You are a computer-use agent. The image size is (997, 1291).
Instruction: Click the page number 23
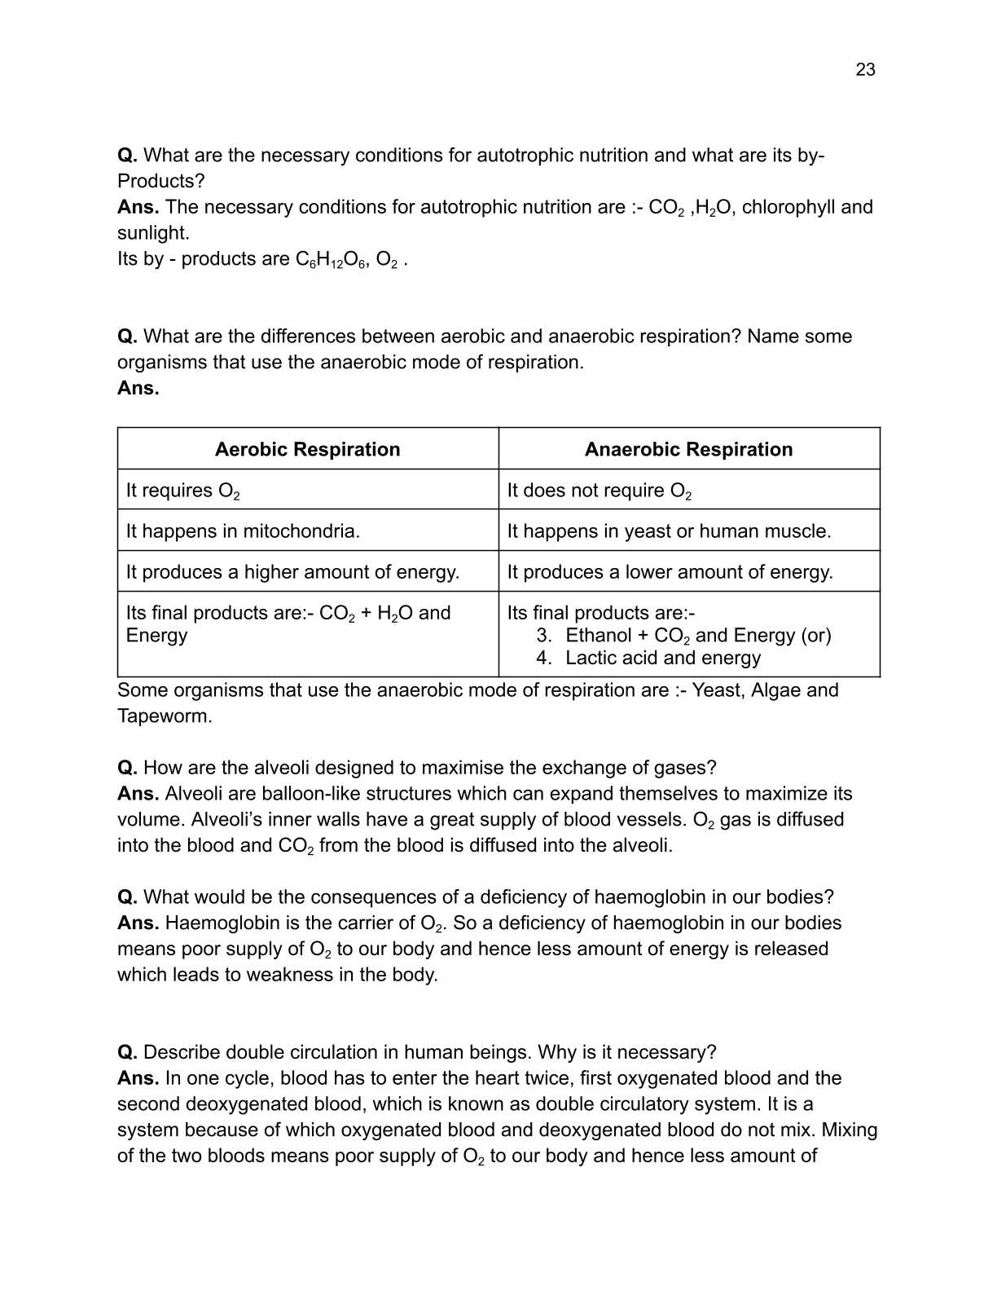click(865, 70)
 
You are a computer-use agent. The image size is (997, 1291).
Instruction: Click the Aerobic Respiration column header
click(307, 449)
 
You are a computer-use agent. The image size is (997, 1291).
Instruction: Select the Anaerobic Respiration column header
click(688, 449)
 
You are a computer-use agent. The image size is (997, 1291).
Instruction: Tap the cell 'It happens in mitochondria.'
click(243, 531)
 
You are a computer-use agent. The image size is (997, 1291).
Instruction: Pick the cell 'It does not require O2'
click(599, 491)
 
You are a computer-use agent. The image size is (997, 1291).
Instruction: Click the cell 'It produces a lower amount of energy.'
click(670, 572)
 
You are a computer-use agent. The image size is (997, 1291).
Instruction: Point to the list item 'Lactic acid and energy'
click(662, 658)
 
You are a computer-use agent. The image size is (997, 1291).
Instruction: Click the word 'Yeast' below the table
click(716, 690)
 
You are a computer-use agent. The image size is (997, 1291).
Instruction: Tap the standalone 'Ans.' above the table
click(138, 388)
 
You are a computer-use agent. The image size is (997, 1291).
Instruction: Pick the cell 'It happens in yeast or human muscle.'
click(669, 531)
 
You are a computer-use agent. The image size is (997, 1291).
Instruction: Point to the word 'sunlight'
click(152, 233)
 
